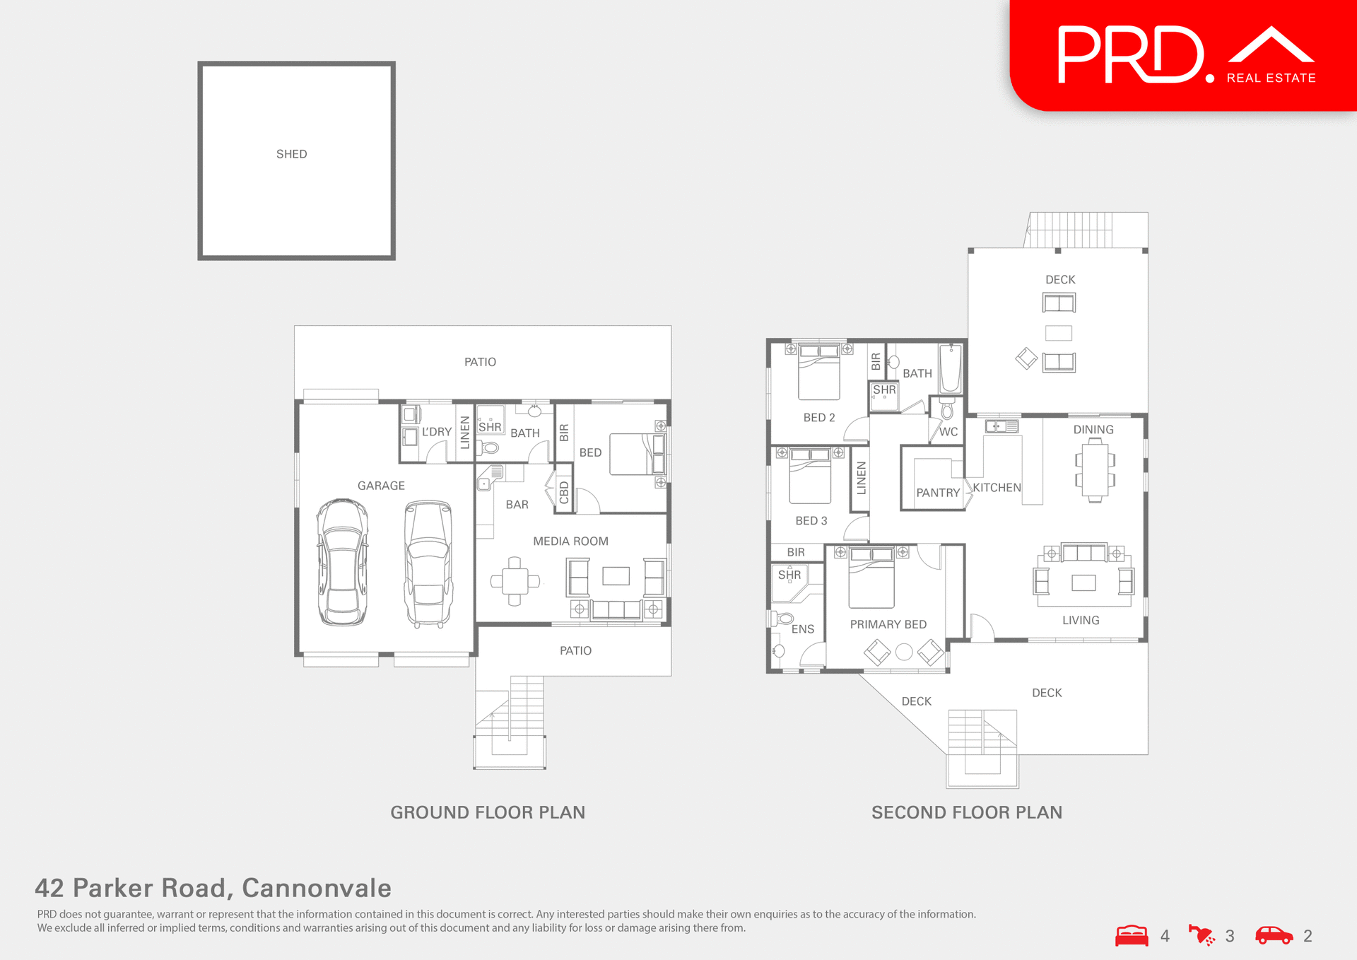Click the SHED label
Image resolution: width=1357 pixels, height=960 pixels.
(x=291, y=154)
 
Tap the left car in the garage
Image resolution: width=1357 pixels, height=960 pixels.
(x=343, y=563)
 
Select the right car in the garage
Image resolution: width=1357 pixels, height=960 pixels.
(x=428, y=564)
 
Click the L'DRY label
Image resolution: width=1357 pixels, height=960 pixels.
(x=437, y=432)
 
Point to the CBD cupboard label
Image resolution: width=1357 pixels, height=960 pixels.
(x=564, y=492)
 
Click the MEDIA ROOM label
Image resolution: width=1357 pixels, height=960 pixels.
(x=570, y=542)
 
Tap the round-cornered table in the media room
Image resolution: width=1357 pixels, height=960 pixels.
(x=515, y=582)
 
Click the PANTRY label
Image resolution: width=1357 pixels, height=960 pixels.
(x=938, y=493)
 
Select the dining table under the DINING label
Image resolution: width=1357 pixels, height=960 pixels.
(x=1095, y=470)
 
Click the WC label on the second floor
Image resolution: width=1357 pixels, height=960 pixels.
(x=948, y=432)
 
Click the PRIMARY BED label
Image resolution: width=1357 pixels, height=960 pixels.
(x=888, y=625)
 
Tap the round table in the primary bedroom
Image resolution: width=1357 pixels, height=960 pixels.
(x=904, y=652)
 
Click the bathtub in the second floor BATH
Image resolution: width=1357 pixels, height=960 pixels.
(x=951, y=368)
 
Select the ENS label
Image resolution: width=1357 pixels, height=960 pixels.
(x=803, y=629)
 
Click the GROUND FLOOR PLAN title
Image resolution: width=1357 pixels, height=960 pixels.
(x=488, y=812)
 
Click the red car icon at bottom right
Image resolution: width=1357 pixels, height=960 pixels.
(x=1274, y=935)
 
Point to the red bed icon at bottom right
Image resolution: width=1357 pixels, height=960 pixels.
(x=1132, y=935)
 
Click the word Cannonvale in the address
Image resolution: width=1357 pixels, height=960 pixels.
(x=317, y=888)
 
